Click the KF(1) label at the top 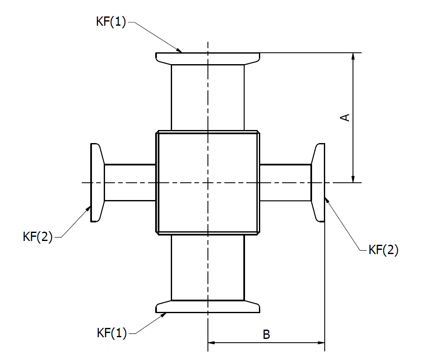pos(111,22)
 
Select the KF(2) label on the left pos(38,237)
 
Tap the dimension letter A pos(345,117)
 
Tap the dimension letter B pos(266,335)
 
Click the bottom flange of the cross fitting pos(207,307)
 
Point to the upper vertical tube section pos(207,97)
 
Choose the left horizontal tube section pos(130,182)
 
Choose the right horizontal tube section pos(285,182)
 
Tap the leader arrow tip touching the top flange pos(182,52)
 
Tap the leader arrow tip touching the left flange pos(91,206)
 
